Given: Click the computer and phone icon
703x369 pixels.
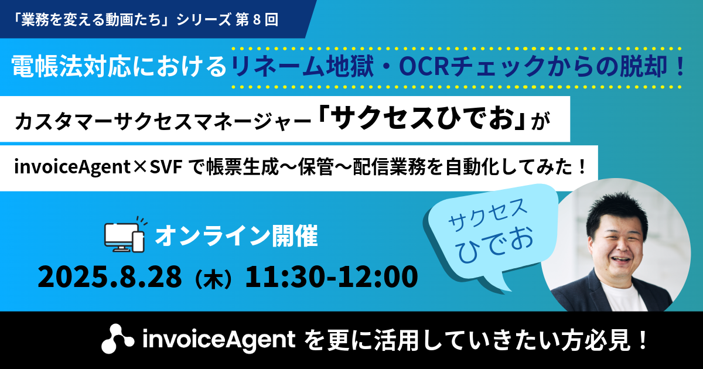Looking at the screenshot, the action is pos(125,235).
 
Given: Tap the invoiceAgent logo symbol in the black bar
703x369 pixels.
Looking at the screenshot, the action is pos(117,339).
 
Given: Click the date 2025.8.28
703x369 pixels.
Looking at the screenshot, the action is pos(110,276).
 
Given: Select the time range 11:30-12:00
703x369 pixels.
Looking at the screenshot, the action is pos(331,276).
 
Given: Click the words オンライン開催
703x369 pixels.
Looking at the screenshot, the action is pos(236,235).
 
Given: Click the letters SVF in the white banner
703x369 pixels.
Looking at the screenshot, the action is pos(166,167).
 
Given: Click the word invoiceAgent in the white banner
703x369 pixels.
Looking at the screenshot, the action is pos(73,168).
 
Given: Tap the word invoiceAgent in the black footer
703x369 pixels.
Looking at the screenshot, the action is pos(219,340).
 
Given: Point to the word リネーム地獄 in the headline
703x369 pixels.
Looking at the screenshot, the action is pos(302,66).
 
